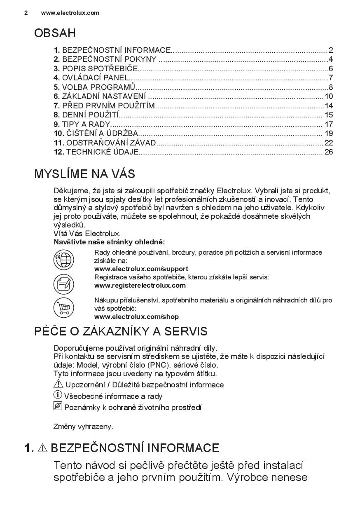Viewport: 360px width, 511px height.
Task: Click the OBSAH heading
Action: pyautogui.click(x=55, y=33)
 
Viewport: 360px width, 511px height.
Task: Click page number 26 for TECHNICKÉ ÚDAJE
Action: pyautogui.click(x=328, y=152)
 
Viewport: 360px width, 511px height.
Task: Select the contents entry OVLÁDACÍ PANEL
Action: pyautogui.click(x=95, y=78)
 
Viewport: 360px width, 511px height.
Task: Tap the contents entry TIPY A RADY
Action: pyautogui.click(x=86, y=124)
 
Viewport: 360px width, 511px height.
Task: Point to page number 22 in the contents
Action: pyautogui.click(x=328, y=143)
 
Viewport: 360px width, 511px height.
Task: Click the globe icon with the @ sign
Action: pyautogui.click(x=64, y=260)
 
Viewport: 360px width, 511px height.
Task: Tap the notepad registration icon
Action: pyautogui.click(x=64, y=284)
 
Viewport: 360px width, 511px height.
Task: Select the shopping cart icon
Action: pyautogui.click(x=64, y=307)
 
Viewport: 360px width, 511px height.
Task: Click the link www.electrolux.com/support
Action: pyautogui.click(x=141, y=269)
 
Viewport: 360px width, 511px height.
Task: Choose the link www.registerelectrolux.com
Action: pyautogui.click(x=140, y=285)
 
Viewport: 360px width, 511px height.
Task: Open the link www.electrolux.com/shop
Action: pyautogui.click(x=136, y=317)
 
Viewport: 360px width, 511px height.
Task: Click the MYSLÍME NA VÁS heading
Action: pyautogui.click(x=84, y=174)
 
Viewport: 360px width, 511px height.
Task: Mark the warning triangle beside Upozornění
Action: pyautogui.click(x=58, y=384)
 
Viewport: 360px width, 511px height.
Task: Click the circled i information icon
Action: pyautogui.click(x=58, y=395)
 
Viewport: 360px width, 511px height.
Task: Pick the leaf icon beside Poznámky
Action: pyautogui.click(x=58, y=407)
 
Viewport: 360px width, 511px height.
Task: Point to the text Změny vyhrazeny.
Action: pyautogui.click(x=83, y=427)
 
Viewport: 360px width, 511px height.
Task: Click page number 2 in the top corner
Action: pyautogui.click(x=26, y=13)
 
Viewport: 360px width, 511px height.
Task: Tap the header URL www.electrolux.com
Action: pyautogui.click(x=70, y=13)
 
